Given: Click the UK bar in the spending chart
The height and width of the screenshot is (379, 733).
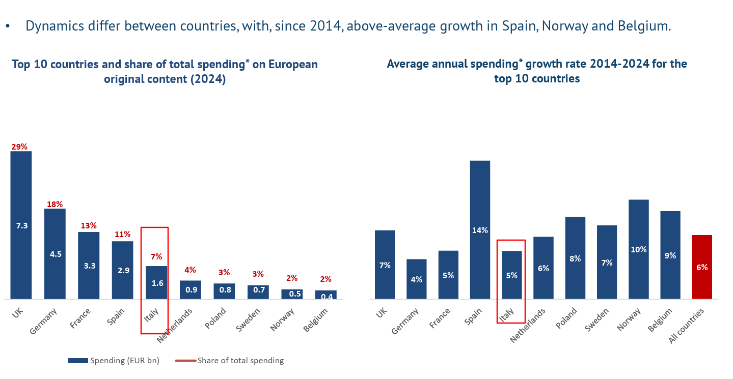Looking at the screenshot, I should click(21, 225).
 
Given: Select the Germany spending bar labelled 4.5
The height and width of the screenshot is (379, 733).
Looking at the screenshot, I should click(55, 253).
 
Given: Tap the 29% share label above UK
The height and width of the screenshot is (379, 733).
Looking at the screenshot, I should click(19, 147).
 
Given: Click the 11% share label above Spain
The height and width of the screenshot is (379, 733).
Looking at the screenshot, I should click(122, 235).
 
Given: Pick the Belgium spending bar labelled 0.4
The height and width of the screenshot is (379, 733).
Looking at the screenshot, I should click(326, 295).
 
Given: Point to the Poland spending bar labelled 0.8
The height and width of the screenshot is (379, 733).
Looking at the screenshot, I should click(224, 291).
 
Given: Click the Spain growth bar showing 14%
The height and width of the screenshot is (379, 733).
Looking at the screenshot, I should click(480, 229).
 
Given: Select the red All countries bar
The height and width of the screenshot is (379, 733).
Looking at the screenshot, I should click(702, 267).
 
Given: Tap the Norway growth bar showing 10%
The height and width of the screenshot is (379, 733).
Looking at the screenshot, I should click(639, 249).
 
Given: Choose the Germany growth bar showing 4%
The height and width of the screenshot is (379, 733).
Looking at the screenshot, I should click(417, 279).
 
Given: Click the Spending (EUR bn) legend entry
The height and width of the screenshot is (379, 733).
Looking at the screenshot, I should click(114, 361).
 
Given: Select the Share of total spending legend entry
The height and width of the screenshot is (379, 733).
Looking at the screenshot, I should click(230, 361).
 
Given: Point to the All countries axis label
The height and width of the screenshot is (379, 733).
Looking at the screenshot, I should click(687, 326).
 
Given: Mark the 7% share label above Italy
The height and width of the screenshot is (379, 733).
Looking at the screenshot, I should click(156, 257).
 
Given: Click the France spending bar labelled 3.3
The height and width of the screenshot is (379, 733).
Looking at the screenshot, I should click(89, 265).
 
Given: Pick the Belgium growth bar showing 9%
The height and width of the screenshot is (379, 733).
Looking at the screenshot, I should click(670, 255).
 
